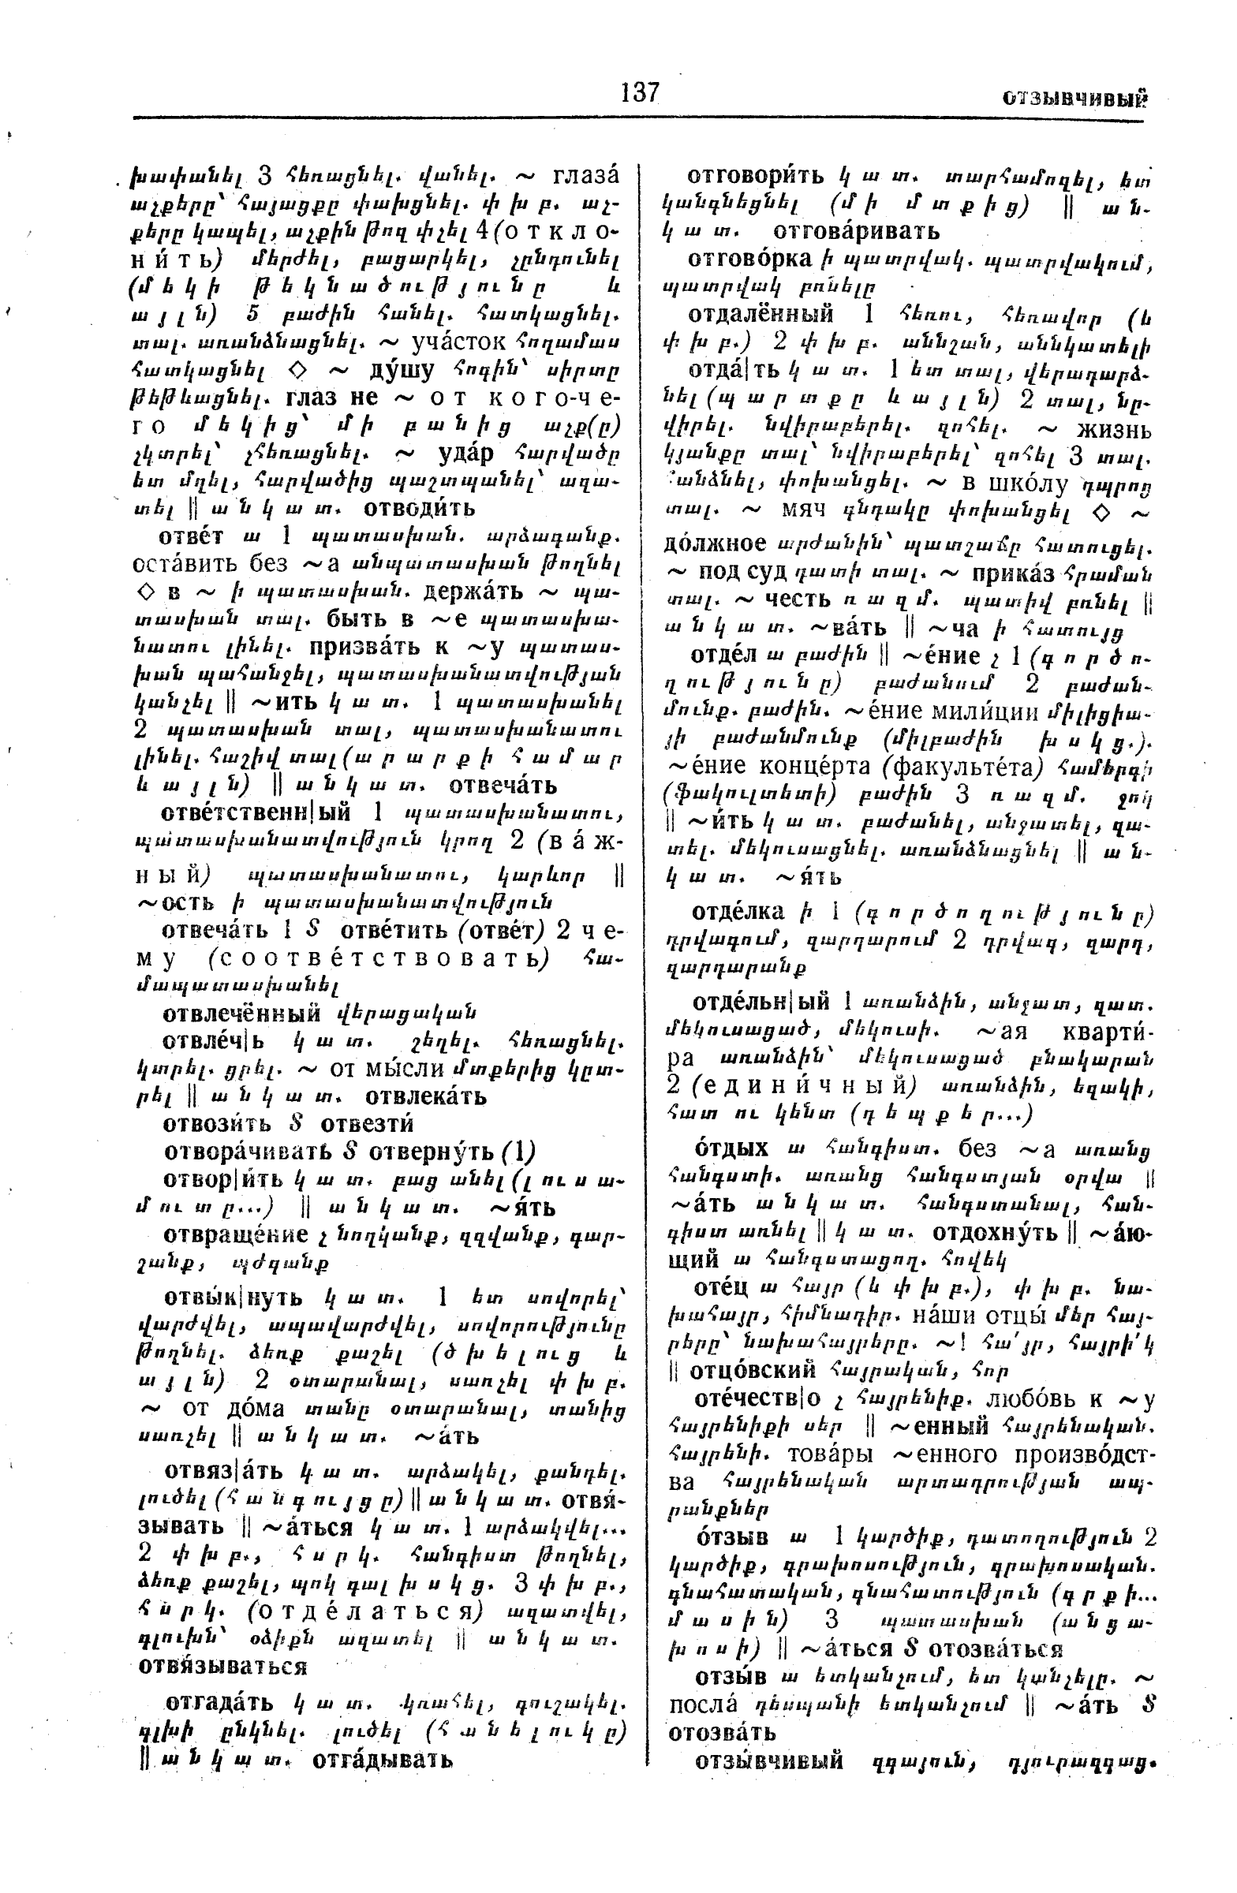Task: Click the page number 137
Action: (x=641, y=93)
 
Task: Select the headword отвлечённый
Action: (x=243, y=1013)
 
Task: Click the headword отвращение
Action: (x=235, y=1234)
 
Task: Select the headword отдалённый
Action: (x=761, y=312)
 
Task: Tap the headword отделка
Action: (x=738, y=913)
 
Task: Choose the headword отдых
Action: (x=732, y=1149)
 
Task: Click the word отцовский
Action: (x=753, y=1370)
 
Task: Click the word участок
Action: (x=458, y=342)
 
